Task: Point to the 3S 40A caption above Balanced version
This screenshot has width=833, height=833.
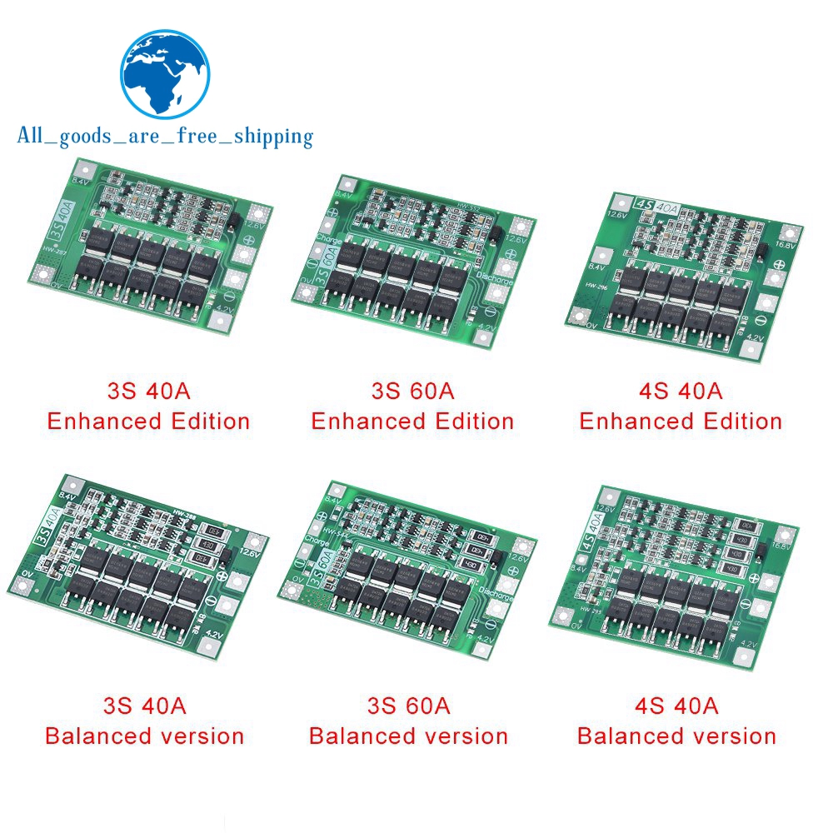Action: (x=144, y=706)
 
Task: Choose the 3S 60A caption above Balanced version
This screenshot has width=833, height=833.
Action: (x=408, y=706)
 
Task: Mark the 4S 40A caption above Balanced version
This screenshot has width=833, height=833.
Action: (x=676, y=706)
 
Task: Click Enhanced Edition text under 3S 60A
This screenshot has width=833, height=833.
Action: (x=412, y=421)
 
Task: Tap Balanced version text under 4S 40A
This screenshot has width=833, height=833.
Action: (x=676, y=736)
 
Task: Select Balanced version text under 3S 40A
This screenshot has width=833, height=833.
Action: (x=144, y=736)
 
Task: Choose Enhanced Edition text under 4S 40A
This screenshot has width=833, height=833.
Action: (x=681, y=421)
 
